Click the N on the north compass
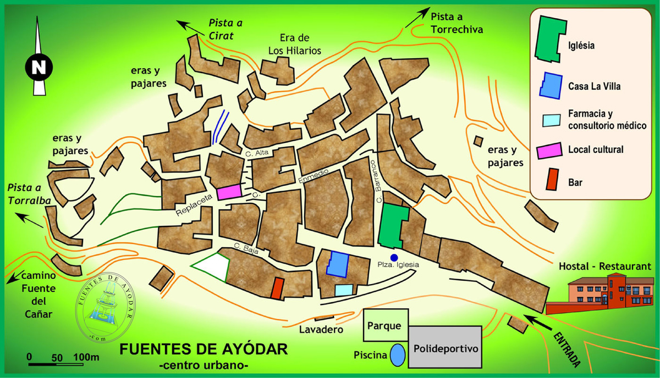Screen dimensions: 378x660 point(38,68)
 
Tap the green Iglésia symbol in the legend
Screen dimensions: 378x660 point(551,38)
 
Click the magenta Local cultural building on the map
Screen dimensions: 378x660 point(229,192)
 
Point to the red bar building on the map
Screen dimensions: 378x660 point(278,288)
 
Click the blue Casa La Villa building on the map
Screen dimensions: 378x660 point(338,264)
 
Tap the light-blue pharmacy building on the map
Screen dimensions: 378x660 point(344,290)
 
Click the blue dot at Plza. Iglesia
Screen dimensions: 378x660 point(394,257)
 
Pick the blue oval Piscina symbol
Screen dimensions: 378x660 point(398,354)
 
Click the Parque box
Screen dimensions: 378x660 point(386,325)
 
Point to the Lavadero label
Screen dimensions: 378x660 point(321,330)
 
